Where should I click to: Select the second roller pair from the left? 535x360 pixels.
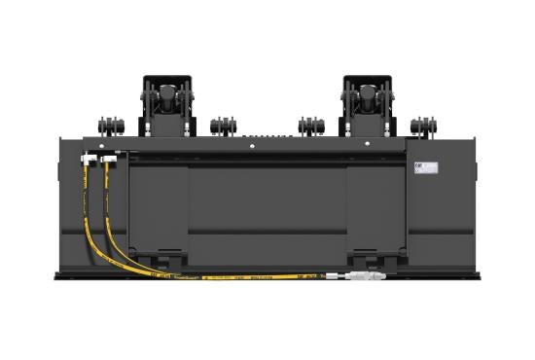(223, 126)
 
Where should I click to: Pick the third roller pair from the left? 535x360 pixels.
(311, 126)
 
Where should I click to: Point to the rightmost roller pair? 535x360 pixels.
(422, 126)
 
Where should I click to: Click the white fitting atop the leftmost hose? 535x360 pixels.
(89, 159)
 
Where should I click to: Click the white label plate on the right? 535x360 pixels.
(426, 168)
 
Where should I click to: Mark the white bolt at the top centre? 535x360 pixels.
(252, 146)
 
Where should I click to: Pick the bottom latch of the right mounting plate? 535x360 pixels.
(374, 258)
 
